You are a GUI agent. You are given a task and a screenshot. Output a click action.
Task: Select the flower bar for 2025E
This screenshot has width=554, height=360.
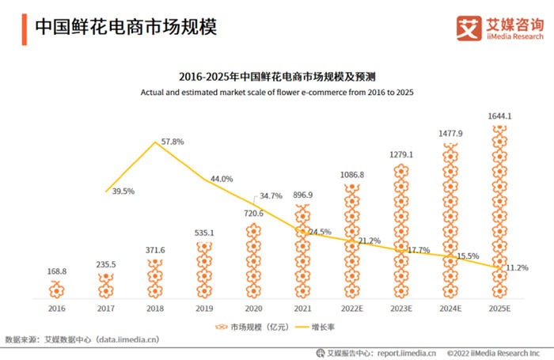[499, 214]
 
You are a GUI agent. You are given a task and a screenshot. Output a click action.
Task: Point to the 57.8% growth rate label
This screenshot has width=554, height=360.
[173, 142]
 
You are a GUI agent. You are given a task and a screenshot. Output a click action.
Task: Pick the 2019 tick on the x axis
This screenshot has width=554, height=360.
[205, 309]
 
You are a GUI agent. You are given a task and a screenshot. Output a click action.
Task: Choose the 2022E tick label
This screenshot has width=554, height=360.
[352, 309]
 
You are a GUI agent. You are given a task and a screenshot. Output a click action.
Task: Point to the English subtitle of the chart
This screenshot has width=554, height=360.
[277, 93]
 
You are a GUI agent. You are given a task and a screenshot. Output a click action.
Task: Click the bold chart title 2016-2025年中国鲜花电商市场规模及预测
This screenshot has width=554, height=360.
[277, 78]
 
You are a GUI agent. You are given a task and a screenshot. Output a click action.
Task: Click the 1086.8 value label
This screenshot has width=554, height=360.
[352, 175]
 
